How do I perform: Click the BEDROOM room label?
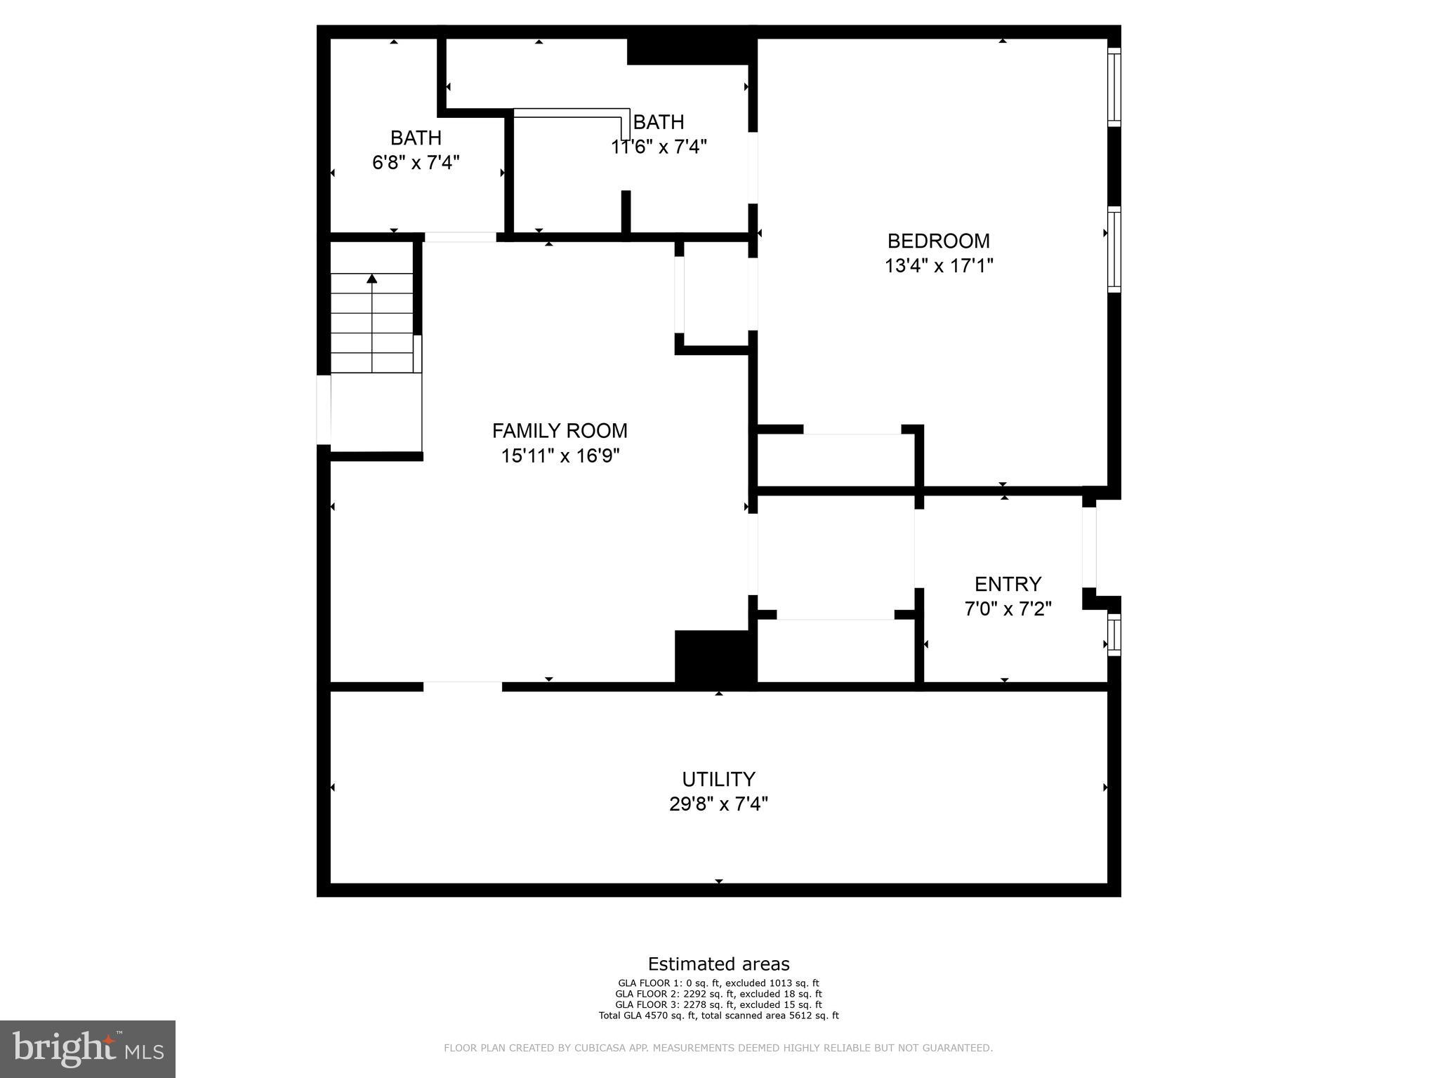[938, 241]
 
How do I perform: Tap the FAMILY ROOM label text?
[560, 430]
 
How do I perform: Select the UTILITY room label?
[718, 779]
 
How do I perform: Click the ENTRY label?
[1008, 584]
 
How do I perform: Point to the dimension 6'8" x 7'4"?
[416, 163]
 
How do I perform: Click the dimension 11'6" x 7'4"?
[659, 147]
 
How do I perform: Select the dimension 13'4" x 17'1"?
[938, 266]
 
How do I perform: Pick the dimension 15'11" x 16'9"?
[560, 456]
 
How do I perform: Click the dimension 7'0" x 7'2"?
[1008, 609]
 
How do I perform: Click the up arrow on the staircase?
[372, 279]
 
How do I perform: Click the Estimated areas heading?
[718, 964]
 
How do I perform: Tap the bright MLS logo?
[88, 1049]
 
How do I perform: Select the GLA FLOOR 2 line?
[718, 994]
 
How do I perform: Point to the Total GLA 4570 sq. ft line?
[718, 1016]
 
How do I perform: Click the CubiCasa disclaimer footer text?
[718, 1049]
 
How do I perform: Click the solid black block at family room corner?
[715, 657]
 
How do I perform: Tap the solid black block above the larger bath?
[690, 51]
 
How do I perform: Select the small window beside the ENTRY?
[1114, 635]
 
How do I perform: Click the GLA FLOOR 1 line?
[718, 983]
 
